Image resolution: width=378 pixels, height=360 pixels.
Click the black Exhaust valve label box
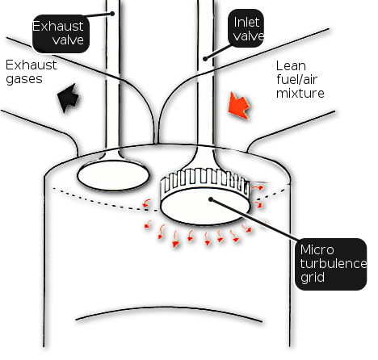[61, 34]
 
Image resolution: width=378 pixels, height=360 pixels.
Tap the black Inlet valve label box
[246, 28]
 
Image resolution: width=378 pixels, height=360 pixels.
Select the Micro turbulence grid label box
[331, 264]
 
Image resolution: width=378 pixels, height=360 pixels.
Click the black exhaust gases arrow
[69, 98]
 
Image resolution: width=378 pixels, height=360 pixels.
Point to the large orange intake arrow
[239, 106]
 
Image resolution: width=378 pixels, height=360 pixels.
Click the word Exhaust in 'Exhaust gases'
[31, 65]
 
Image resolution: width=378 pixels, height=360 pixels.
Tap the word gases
[24, 79]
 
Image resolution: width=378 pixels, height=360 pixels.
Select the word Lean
[291, 66]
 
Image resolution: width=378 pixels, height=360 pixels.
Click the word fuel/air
[296, 79]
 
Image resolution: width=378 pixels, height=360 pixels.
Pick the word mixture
[300, 94]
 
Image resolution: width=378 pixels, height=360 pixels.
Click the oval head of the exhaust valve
[113, 176]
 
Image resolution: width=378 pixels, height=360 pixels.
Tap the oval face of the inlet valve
[206, 206]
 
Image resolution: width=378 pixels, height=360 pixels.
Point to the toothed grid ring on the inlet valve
[204, 179]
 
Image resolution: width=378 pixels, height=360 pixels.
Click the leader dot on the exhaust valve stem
[112, 14]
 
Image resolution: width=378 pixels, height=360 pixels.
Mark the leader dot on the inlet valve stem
[205, 59]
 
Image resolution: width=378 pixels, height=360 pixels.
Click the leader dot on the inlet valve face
[211, 199]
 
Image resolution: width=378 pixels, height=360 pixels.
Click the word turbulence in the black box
[334, 263]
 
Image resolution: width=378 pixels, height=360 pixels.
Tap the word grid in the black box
[313, 278]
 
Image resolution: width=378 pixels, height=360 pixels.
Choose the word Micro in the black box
[317, 249]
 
